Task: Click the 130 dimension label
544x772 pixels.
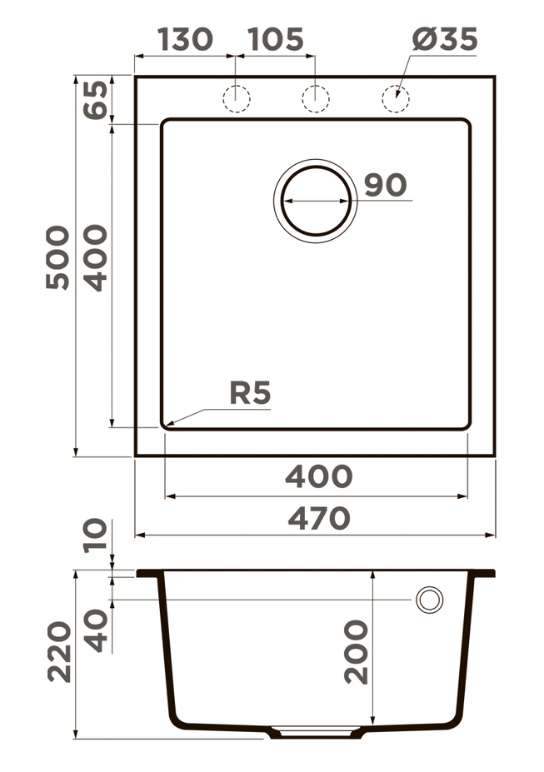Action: [x=185, y=39]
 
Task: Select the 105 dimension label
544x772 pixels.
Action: [x=276, y=39]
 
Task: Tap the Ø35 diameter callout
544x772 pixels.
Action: [x=444, y=39]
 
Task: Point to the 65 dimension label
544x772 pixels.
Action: [x=96, y=100]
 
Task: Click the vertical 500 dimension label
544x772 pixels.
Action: [x=57, y=257]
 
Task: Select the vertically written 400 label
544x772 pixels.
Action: [x=96, y=257]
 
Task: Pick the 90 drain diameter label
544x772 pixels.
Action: [x=385, y=185]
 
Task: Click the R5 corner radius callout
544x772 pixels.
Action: [x=251, y=393]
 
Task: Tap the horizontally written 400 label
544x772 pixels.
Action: [x=318, y=477]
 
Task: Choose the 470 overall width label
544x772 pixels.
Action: [x=318, y=518]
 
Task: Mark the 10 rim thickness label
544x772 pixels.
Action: [x=96, y=537]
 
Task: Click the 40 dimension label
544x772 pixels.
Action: [x=96, y=630]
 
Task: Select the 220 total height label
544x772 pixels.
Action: [x=58, y=652]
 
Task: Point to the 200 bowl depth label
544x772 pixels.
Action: [x=356, y=652]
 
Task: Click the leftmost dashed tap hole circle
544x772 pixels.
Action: [x=236, y=98]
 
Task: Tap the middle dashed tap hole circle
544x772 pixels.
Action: [x=315, y=98]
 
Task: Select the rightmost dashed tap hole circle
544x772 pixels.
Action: [x=396, y=98]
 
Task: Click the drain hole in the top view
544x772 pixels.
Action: [x=315, y=200]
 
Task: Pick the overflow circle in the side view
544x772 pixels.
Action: [x=430, y=600]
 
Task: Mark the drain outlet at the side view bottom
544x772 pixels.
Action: [x=315, y=733]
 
